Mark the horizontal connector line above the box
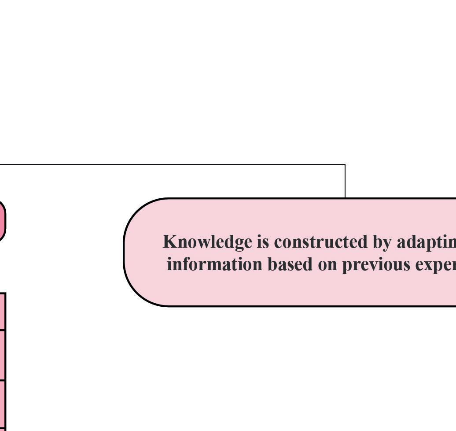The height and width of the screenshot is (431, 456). (176, 165)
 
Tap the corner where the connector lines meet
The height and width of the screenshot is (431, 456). (345, 165)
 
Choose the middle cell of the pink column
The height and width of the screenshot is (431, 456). (3, 355)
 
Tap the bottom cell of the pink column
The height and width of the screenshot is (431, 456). (3, 405)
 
